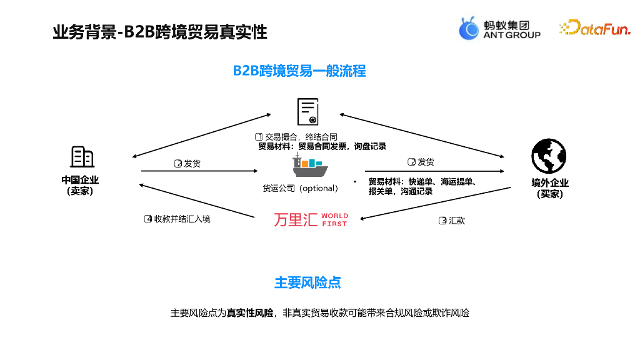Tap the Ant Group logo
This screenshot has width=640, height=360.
click(x=499, y=29)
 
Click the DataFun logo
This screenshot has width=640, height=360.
click(x=594, y=28)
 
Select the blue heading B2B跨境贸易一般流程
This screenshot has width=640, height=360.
click(x=299, y=71)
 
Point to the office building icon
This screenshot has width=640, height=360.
click(x=82, y=157)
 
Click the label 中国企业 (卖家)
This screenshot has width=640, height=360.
click(x=80, y=186)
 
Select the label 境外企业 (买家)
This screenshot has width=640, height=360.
click(x=550, y=188)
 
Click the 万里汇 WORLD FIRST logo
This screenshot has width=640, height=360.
click(x=311, y=219)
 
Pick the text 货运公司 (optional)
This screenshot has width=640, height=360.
click(x=300, y=188)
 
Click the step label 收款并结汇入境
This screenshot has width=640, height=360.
click(x=177, y=219)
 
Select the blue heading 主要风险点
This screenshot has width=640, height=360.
click(x=307, y=282)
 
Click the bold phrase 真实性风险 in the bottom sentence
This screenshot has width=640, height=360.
click(x=250, y=312)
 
